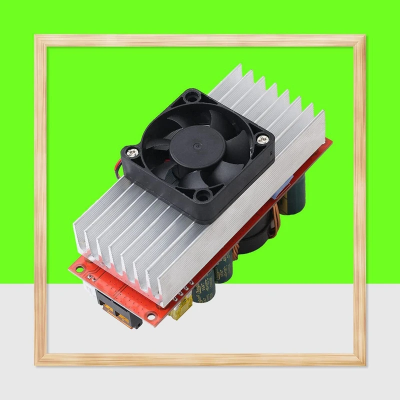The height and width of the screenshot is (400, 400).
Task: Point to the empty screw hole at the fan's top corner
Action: pos(190,93)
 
